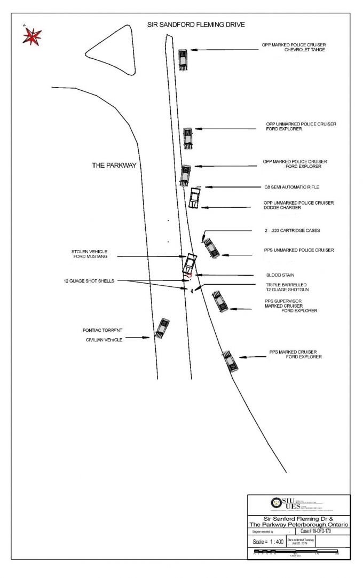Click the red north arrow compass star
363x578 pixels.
click(x=31, y=36)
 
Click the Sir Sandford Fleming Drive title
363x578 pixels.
click(x=196, y=25)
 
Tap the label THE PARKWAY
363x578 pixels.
click(x=114, y=166)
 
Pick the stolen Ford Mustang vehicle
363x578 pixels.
click(x=188, y=263)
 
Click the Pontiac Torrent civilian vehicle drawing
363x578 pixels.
click(x=162, y=327)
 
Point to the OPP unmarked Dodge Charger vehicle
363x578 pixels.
click(x=194, y=198)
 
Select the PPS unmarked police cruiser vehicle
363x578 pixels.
click(x=211, y=248)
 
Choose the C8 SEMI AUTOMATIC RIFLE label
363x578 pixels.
click(x=291, y=187)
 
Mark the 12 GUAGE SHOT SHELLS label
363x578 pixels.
click(x=89, y=280)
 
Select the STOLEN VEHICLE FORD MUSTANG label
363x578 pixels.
click(x=90, y=254)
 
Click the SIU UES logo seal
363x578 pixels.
click(x=276, y=503)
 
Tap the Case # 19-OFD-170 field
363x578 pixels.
click(x=320, y=532)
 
